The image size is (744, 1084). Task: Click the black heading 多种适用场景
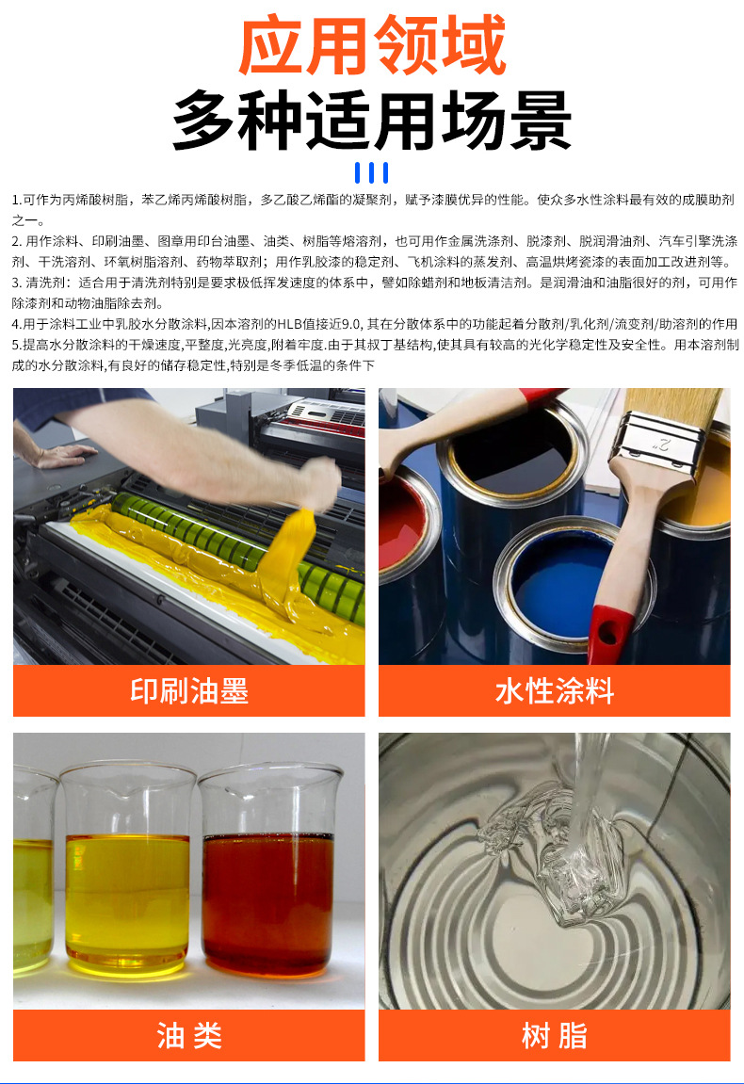pos(372,121)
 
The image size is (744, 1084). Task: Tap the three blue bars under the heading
pos(372,172)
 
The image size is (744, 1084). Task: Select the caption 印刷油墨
pos(188,690)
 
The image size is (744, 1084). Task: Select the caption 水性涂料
pos(554,690)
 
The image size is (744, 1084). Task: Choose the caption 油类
pos(188,1035)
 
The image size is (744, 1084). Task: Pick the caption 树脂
pos(554,1035)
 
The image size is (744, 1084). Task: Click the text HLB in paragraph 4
pos(290,323)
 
